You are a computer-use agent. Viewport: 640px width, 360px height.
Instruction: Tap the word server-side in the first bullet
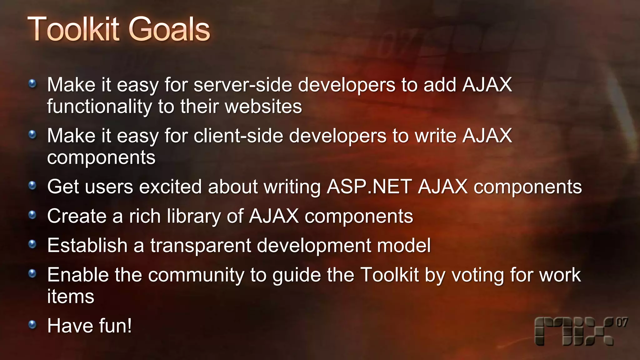pos(242,85)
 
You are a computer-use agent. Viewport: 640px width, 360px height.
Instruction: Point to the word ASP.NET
pos(369,187)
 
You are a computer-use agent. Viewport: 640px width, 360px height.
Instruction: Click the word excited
pos(170,187)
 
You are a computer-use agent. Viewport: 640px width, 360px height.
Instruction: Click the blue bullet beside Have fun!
pos(32,325)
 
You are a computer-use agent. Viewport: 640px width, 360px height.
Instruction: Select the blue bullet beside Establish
pos(32,244)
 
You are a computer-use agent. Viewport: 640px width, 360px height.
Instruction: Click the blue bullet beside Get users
pos(32,186)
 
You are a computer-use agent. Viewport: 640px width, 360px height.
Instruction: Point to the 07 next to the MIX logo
pos(622,322)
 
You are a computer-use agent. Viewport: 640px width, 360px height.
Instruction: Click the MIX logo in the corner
pos(574,332)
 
